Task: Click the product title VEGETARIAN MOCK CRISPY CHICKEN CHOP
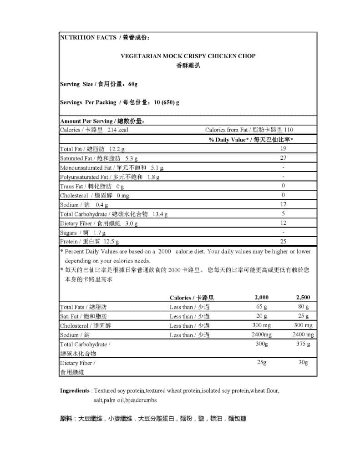[x=188, y=56]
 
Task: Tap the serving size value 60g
[x=132, y=84]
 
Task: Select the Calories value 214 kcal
[x=117, y=130]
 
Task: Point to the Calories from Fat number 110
[x=288, y=130]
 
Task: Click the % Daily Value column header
[x=251, y=140]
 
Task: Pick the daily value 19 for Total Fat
[x=283, y=149]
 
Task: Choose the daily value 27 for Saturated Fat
[x=283, y=158]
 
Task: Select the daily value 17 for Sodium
[x=283, y=205]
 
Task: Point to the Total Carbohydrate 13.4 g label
[x=114, y=214]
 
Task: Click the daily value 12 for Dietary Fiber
[x=283, y=223]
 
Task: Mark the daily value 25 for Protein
[x=283, y=242]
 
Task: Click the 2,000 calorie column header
[x=261, y=297]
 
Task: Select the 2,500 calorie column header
[x=303, y=297]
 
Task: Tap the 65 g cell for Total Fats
[x=261, y=307]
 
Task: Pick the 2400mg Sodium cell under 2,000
[x=261, y=334]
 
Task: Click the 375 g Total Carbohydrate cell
[x=303, y=344]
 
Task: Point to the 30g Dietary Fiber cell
[x=303, y=363]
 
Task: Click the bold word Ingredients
[x=75, y=390]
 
